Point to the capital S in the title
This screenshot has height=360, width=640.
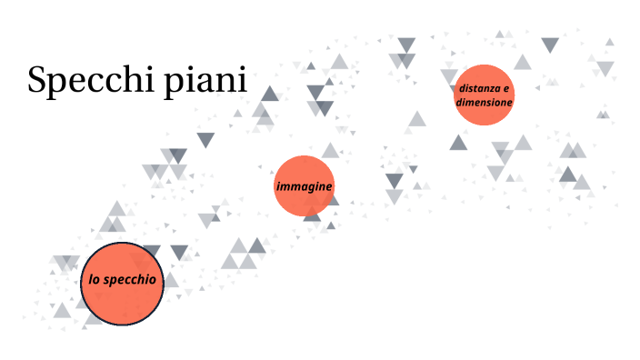[37, 80]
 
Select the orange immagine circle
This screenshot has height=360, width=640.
[305, 186]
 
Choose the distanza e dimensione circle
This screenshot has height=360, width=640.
[485, 95]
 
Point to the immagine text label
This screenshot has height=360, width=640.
[305, 186]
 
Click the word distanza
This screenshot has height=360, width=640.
[481, 88]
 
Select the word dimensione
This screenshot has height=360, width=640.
[485, 103]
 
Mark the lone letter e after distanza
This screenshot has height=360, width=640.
[507, 88]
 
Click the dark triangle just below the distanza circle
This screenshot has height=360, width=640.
[458, 143]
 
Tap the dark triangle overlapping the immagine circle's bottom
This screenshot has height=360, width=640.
[312, 214]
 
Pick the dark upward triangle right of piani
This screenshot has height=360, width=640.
[270, 94]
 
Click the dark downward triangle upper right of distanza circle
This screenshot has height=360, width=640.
[550, 44]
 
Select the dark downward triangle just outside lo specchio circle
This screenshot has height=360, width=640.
[179, 252]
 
